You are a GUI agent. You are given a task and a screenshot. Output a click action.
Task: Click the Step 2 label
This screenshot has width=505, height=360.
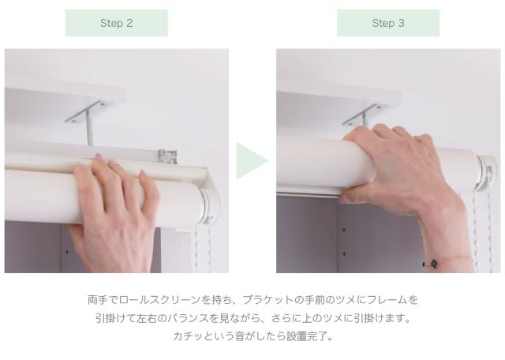pos(117,23)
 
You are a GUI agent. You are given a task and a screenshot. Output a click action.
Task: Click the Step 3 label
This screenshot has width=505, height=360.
pos(388,23)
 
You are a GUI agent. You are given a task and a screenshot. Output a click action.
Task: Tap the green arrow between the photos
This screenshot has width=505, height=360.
pos(252,161)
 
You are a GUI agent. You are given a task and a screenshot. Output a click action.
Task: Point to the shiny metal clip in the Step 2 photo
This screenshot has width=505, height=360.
pos(168,156)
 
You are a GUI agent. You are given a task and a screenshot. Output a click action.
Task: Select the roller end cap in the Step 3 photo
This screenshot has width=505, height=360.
pos(487,174)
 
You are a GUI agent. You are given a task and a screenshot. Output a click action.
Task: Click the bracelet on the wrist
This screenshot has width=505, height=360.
pos(447,261)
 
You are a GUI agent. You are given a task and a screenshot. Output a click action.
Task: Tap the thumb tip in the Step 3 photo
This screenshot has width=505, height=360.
pos(344,199)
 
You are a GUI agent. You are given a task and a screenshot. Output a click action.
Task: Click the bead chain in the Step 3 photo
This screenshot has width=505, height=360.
pos(482,231)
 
